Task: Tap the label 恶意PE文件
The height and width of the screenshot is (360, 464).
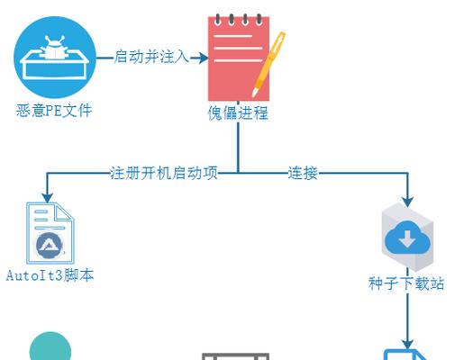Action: (54, 111)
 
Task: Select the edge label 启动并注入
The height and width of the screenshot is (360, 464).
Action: (151, 57)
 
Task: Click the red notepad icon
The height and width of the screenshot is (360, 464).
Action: (239, 58)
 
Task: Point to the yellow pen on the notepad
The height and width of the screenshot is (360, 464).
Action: (268, 64)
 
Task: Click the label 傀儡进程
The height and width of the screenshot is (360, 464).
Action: (238, 113)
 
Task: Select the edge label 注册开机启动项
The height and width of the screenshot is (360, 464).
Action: (164, 173)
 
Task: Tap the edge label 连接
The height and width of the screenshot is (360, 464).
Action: (303, 173)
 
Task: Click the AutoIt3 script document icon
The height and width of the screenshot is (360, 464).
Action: (50, 233)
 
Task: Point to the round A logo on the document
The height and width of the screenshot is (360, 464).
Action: (50, 246)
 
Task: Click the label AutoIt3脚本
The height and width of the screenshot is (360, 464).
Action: (50, 275)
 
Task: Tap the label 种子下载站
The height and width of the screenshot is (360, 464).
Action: (406, 283)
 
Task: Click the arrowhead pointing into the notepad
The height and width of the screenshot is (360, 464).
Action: (204, 58)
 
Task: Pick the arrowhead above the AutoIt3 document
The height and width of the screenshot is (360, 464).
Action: (48, 198)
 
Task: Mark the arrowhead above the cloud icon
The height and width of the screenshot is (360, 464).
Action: (407, 202)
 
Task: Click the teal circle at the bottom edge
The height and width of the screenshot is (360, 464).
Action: (50, 347)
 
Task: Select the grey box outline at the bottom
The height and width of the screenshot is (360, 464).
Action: (236, 356)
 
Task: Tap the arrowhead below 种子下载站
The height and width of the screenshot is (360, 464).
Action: (407, 345)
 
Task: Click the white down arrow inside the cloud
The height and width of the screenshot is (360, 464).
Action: (407, 238)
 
